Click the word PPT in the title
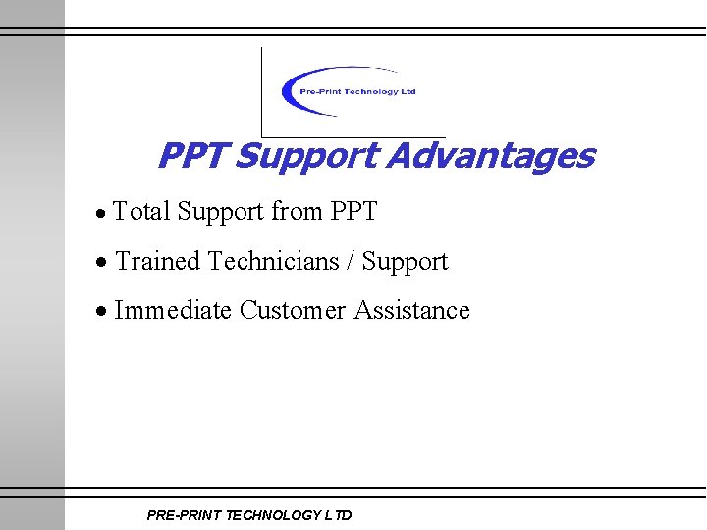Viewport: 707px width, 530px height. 192,156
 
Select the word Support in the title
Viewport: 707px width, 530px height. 307,156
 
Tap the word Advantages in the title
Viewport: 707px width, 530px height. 490,156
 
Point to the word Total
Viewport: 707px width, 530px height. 142,211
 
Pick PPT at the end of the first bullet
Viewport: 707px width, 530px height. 353,211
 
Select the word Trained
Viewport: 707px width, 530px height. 158,262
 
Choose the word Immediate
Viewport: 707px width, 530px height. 173,311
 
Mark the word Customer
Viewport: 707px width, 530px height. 293,311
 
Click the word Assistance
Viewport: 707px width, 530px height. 411,311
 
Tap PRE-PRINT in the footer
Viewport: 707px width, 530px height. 182,515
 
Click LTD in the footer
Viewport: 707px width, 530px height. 338,515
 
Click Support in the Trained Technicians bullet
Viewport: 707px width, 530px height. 406,262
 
